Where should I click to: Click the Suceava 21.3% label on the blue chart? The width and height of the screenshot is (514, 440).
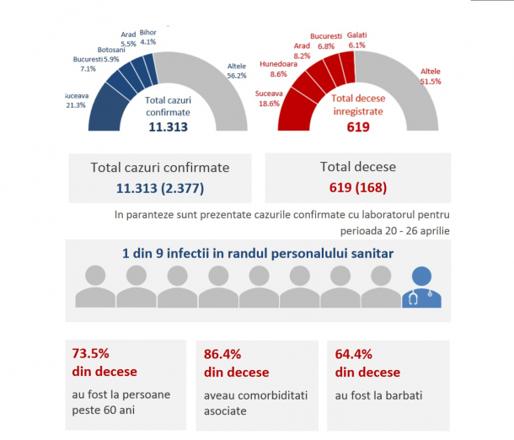point(77,100)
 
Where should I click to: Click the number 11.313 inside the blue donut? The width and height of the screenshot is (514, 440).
point(167,127)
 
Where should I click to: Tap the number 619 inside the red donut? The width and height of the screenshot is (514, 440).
point(359,128)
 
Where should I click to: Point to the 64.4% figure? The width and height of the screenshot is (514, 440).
point(353,354)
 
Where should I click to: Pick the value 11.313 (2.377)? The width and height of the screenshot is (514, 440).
point(159,186)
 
